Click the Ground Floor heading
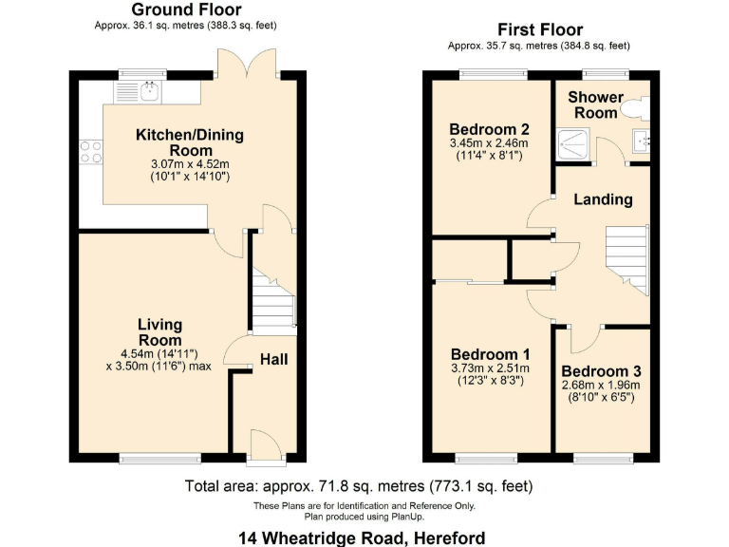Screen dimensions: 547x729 point(193,10)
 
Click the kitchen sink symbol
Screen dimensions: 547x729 point(140,91)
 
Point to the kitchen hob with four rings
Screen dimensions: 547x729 point(91,152)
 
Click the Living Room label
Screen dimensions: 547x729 point(159,332)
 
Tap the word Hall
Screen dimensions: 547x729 point(273,359)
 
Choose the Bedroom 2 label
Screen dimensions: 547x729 point(489,129)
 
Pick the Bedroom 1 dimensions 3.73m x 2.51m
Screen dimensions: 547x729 point(489,368)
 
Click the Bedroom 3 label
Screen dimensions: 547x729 point(601,371)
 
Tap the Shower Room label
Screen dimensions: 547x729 point(595,104)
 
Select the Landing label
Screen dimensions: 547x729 point(603,199)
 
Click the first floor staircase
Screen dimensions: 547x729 point(626,255)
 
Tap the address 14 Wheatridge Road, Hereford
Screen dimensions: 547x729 point(362,538)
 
